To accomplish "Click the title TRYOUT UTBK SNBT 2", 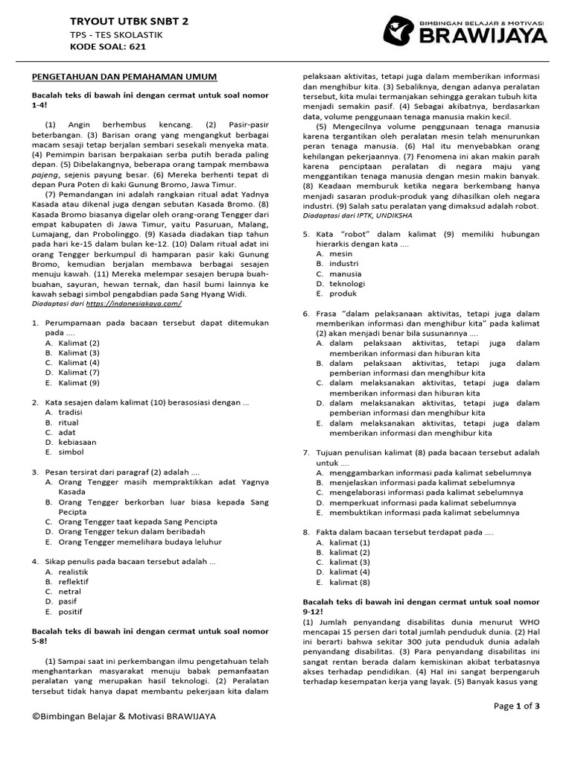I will point(129,22).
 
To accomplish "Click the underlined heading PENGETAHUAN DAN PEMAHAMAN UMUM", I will point(124,77).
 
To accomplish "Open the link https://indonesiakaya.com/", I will point(133,304).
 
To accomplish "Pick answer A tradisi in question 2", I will point(71,412).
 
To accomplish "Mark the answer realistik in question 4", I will point(74,572).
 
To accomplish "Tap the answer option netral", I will point(70,592).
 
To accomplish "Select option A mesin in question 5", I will point(340,253).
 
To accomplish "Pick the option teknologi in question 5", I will point(346,283).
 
